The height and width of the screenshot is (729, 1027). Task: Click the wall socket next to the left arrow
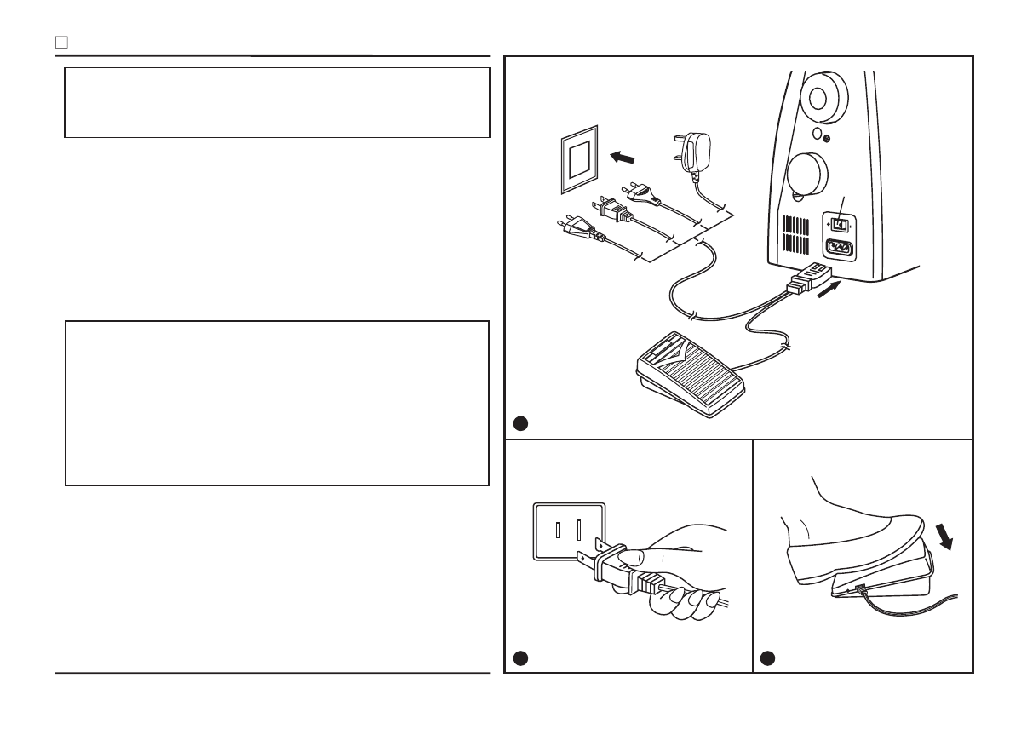pyautogui.click(x=577, y=161)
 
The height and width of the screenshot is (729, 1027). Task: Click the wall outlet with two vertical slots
pyautogui.click(x=568, y=531)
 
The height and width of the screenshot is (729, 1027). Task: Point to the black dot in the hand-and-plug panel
pyautogui.click(x=520, y=657)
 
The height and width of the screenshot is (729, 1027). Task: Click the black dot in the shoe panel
pyautogui.click(x=768, y=657)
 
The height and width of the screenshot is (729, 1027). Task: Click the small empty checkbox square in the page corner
pyautogui.click(x=61, y=42)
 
